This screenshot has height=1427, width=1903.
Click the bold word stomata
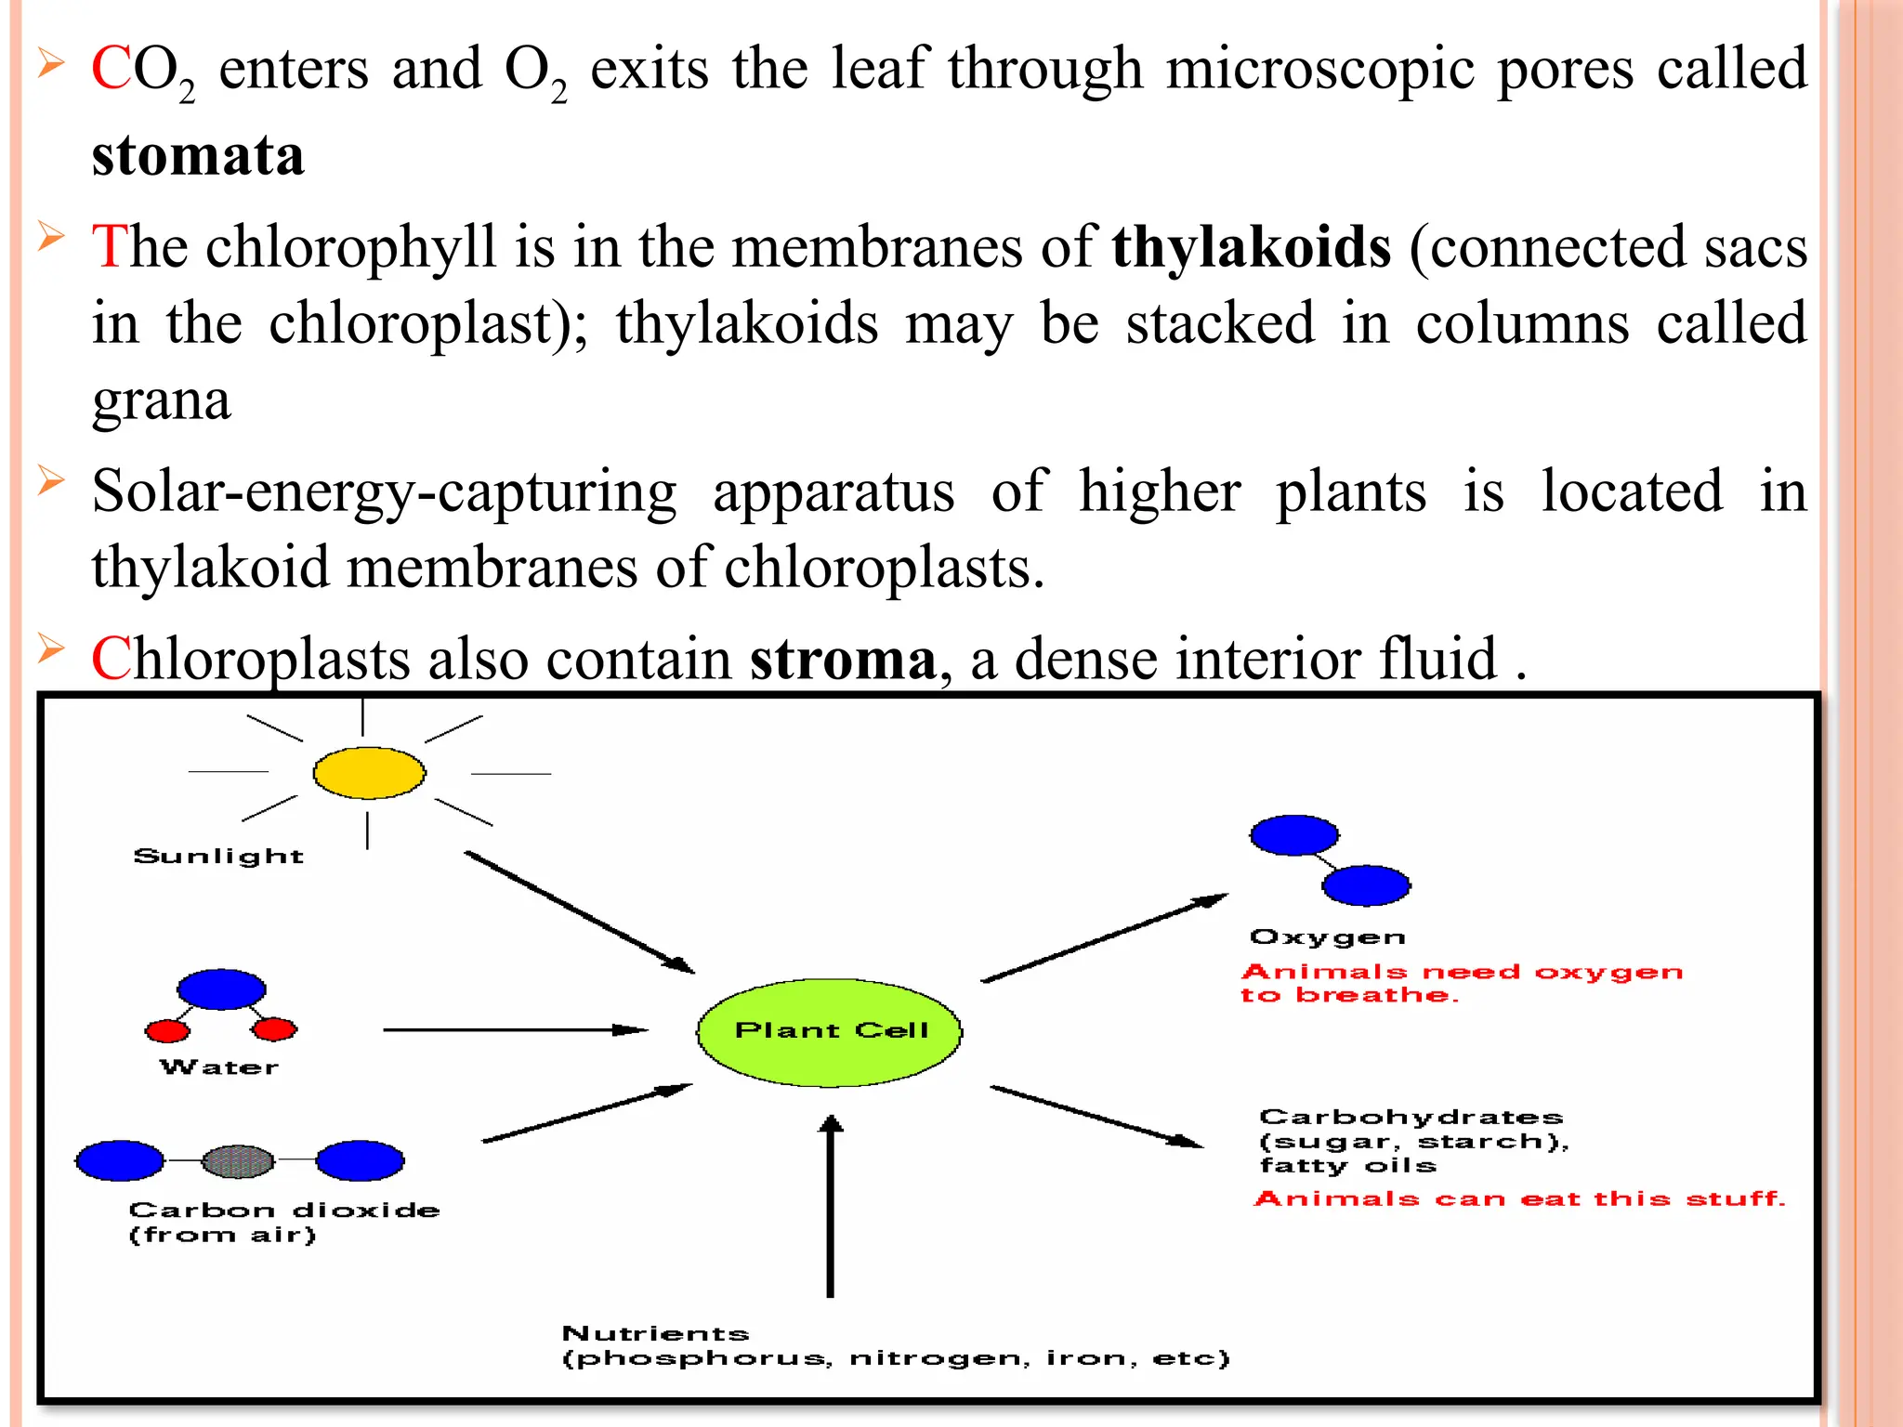tap(197, 155)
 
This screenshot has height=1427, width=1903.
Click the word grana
tap(161, 401)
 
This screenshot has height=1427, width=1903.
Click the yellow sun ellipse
tap(369, 773)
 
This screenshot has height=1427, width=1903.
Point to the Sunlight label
tap(218, 856)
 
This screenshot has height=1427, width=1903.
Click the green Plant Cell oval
tap(829, 1031)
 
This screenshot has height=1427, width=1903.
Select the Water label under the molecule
tap(219, 1067)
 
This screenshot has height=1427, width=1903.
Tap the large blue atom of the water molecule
tap(221, 989)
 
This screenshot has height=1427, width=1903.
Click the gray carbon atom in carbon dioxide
tap(239, 1160)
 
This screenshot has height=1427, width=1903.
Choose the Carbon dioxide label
tap(283, 1210)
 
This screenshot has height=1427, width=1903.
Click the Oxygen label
tap(1327, 936)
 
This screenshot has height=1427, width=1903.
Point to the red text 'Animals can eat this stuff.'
tap(1519, 1198)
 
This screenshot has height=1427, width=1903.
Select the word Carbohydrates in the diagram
tap(1411, 1117)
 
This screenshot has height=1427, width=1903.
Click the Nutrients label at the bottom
tap(655, 1334)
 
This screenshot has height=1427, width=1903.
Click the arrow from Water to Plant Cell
tap(515, 1029)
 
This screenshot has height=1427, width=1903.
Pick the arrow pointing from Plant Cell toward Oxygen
tap(1104, 937)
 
